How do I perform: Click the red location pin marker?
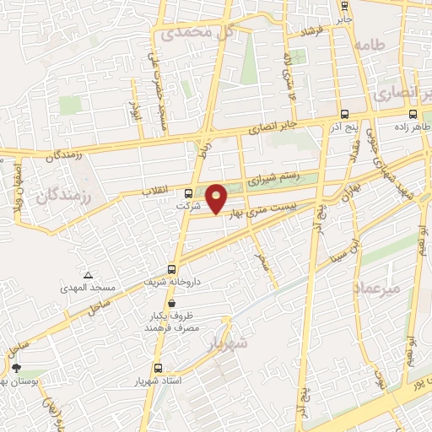217,197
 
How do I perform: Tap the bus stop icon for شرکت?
187,193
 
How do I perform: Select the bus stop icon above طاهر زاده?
413,114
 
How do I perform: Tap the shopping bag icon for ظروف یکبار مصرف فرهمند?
172,303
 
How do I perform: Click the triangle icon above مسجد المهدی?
89,275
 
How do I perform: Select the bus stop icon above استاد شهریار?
159,367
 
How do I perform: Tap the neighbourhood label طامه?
370,44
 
